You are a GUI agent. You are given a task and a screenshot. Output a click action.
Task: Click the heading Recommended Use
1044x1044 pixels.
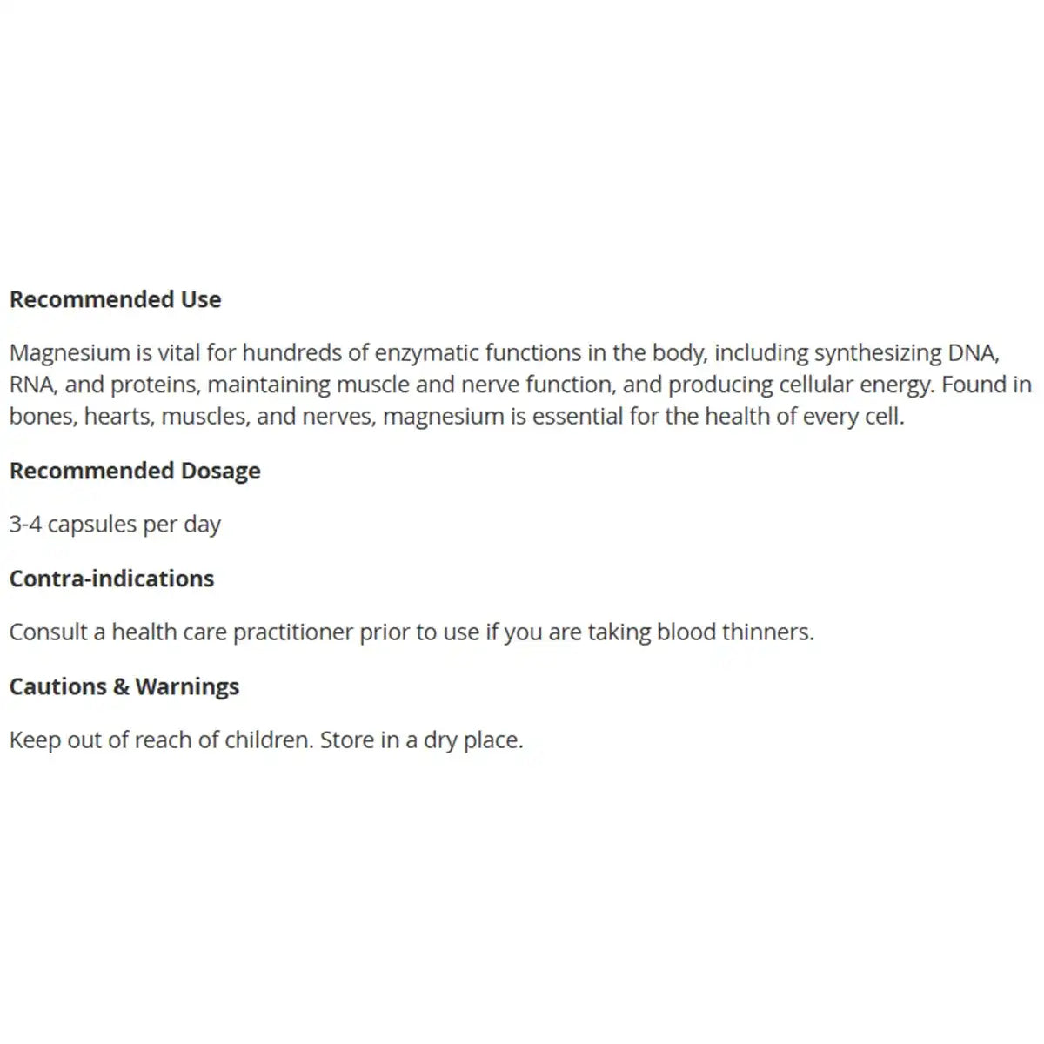point(115,299)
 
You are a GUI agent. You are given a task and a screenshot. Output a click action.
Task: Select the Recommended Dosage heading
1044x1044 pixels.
point(135,471)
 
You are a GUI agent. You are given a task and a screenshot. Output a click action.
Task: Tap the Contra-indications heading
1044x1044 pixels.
point(111,579)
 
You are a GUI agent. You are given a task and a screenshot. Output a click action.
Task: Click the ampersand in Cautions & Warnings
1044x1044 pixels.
point(121,686)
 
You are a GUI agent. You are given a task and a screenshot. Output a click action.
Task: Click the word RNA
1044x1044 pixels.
point(32,385)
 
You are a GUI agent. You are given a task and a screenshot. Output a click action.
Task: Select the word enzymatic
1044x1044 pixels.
point(425,353)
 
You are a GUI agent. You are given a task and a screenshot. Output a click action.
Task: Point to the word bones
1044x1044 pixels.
point(42,416)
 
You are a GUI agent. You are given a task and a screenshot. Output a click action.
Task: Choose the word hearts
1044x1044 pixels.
point(117,416)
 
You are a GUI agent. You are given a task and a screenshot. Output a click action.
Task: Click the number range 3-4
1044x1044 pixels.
point(25,525)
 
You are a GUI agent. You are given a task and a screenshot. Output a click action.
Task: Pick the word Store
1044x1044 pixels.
point(347,740)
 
